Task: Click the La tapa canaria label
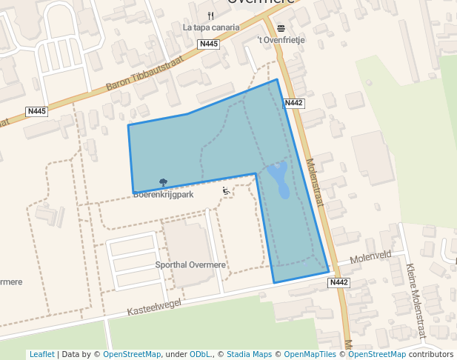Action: tap(211, 27)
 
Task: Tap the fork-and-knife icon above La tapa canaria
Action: tap(211, 16)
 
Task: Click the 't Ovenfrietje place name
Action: tap(281, 40)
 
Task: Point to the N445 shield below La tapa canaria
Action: tap(209, 44)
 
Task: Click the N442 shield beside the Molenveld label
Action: tap(338, 282)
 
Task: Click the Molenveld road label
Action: tap(370, 256)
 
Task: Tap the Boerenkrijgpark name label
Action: tap(163, 195)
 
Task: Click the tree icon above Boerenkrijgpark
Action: tap(163, 183)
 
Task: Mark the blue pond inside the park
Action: tap(278, 180)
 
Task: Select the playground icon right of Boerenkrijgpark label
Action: tap(226, 191)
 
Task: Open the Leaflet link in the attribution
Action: tap(41, 354)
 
